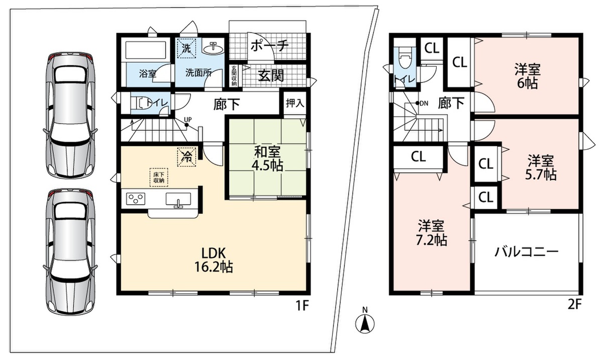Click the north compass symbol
pos(365,321)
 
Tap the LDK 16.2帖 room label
pos(214,260)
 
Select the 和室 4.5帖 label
pos(267,159)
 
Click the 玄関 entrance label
pos(271,75)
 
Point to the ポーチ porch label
pos(269,46)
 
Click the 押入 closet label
pos(295,103)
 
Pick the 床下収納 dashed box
pos(159,177)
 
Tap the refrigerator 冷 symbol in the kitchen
pos(186,157)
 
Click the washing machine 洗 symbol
pos(186,48)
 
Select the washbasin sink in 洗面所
pos(213,48)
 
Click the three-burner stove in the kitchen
pos(136,199)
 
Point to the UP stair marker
pos(187,121)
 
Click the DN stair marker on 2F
pos(422,103)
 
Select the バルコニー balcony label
pos(527,252)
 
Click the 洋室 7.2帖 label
pos(432,233)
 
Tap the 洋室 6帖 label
pos(527,76)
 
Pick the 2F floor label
pos(575,305)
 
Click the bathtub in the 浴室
pos(145,51)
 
